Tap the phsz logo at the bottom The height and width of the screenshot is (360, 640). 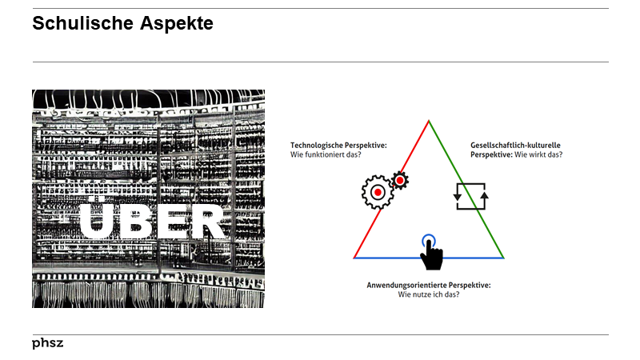47,343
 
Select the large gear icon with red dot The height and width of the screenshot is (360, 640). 377,192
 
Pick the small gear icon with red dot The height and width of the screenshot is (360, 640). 399,180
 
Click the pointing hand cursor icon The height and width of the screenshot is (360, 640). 431,254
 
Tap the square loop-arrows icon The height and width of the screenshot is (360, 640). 470,196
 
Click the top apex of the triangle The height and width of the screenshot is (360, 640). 429,121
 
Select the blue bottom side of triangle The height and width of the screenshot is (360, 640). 464,258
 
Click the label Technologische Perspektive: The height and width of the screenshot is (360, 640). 338,145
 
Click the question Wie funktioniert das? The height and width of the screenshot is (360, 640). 326,154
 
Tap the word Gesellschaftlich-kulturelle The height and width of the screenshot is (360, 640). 514,145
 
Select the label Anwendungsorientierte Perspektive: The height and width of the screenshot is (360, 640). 428,286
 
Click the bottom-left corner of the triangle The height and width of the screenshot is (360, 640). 354,258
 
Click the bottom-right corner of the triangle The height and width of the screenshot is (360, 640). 503,258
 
